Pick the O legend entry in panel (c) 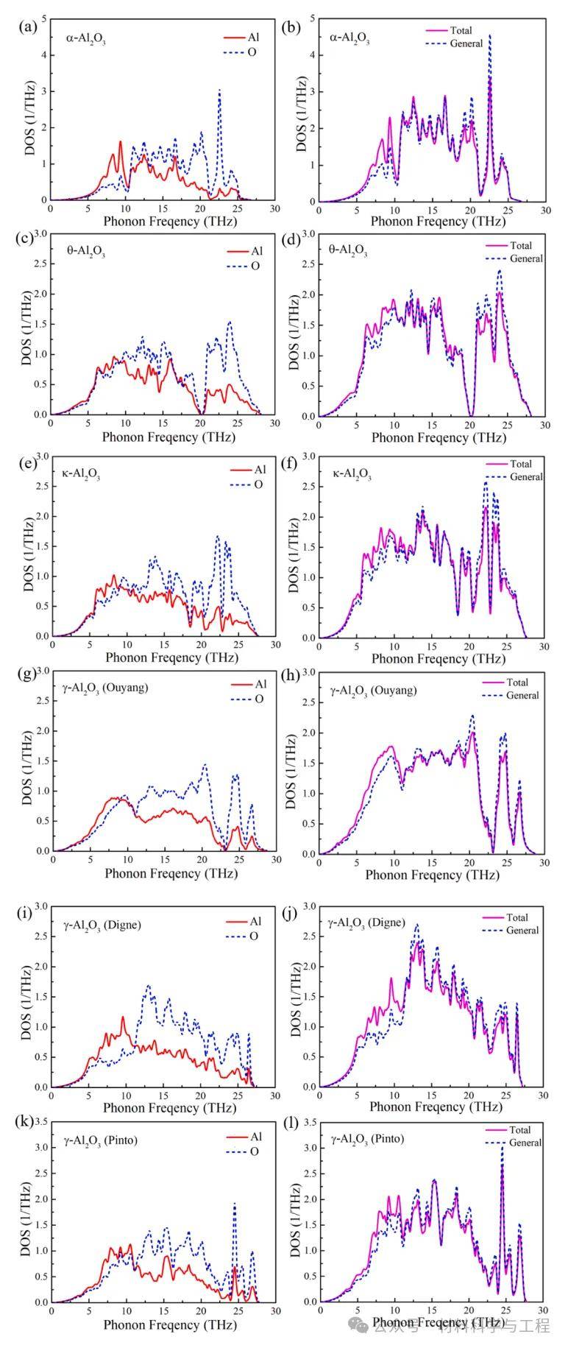click(x=255, y=266)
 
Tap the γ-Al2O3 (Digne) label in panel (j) click(x=369, y=922)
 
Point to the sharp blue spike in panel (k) click(x=235, y=1204)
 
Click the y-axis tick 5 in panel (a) click(x=43, y=18)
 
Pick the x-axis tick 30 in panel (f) click(x=544, y=646)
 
